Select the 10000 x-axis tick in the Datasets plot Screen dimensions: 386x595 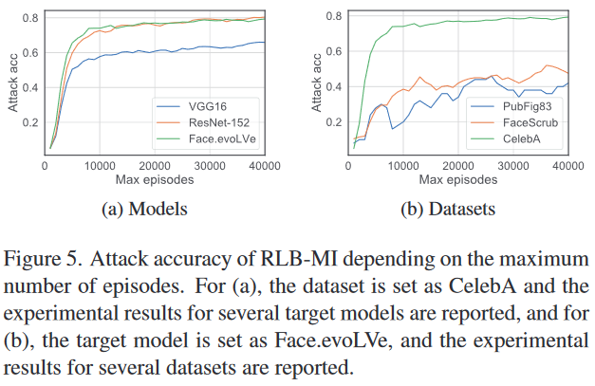pyautogui.click(x=404, y=165)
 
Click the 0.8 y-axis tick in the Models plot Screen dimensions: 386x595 pyautogui.click(x=29, y=18)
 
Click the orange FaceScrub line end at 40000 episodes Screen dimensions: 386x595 pyautogui.click(x=567, y=73)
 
